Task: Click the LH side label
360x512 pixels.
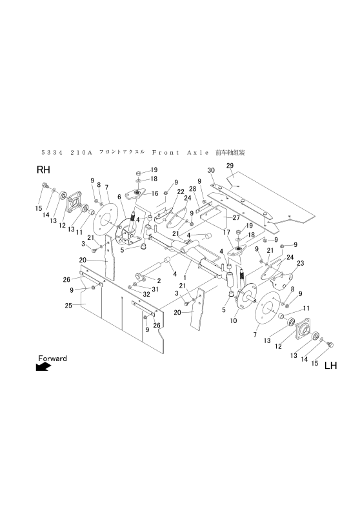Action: [330, 366]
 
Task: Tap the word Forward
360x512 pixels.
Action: [52, 358]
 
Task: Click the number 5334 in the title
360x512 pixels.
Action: [51, 153]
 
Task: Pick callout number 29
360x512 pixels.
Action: [229, 166]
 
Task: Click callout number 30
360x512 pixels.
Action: [210, 170]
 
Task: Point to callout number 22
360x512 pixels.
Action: [180, 192]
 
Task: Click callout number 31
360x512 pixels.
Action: [155, 289]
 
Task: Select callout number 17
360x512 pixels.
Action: [226, 232]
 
